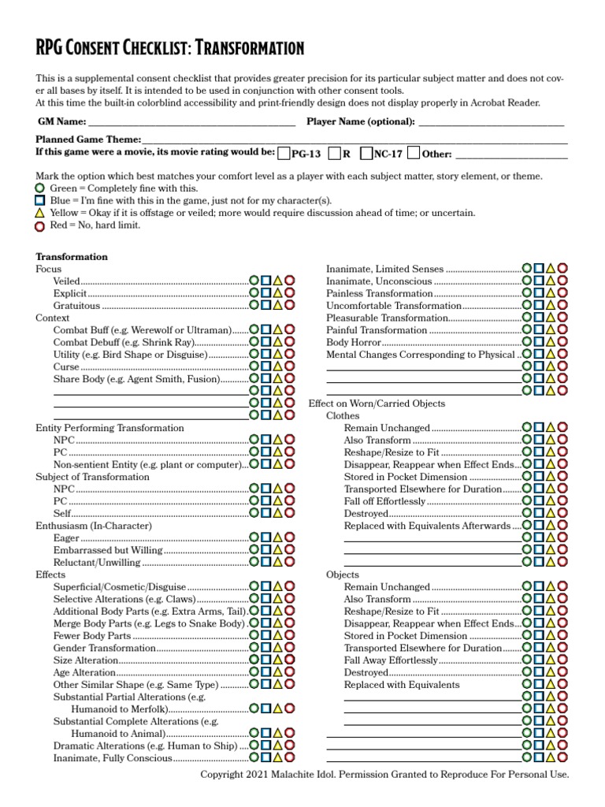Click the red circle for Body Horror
[x=562, y=343]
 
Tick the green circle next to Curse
[x=254, y=366]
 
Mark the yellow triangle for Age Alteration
[x=278, y=672]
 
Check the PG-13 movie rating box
[x=284, y=153]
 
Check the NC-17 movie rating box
[x=366, y=153]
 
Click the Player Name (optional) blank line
[x=492, y=122]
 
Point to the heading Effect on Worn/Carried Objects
[x=377, y=403]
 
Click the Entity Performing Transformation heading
[x=109, y=428]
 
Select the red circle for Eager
[x=290, y=537]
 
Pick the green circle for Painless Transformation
[x=527, y=294]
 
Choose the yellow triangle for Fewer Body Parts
[x=278, y=635]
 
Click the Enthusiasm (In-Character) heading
[x=94, y=526]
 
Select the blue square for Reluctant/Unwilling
[x=266, y=562]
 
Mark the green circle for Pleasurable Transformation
[x=527, y=318]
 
